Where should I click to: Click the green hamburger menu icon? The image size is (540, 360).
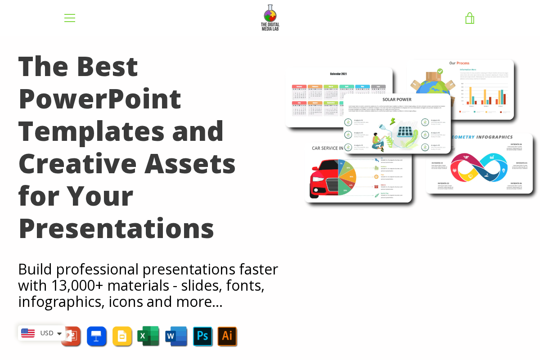point(70,18)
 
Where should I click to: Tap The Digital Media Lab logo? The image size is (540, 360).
point(270,18)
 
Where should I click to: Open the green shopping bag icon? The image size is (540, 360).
point(469,18)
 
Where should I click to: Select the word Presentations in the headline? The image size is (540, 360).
point(116,228)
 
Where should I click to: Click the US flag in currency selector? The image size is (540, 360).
point(28,333)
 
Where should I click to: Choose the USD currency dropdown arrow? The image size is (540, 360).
point(59,333)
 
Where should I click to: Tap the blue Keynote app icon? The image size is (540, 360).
point(96,336)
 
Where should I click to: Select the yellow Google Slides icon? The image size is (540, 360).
point(122,336)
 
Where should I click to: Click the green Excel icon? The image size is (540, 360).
point(148,336)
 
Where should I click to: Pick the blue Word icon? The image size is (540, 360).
point(176,336)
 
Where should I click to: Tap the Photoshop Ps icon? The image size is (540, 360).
point(202,336)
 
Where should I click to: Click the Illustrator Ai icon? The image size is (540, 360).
point(227,336)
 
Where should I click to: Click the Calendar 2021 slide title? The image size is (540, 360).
point(338,74)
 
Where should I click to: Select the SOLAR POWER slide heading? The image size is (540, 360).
point(397,99)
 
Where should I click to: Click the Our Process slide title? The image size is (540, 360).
point(459,63)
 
